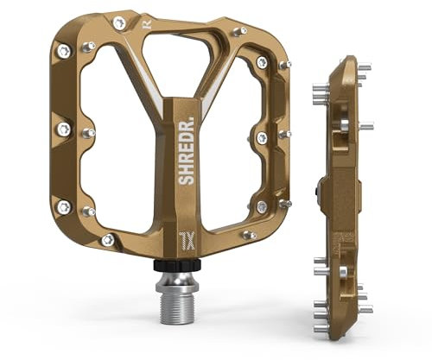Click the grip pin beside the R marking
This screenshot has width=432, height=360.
point(118,22)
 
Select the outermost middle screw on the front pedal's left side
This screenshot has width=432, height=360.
point(62,129)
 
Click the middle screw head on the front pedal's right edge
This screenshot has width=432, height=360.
point(262,138)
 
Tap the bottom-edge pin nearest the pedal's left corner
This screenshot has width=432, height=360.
point(107,239)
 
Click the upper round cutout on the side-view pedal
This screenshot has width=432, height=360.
point(340,126)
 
